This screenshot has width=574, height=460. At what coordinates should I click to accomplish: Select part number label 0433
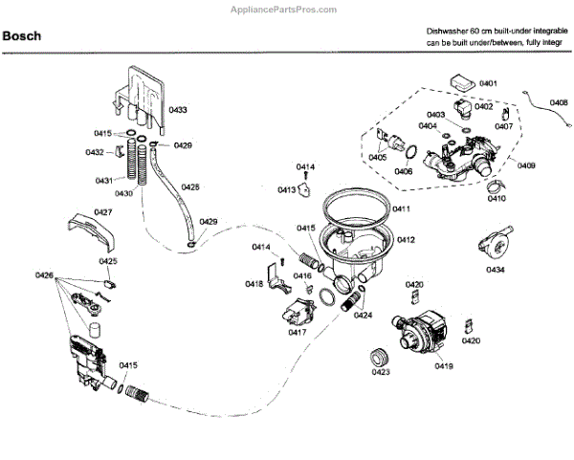click(x=177, y=111)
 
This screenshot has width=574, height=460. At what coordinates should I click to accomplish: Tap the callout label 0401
click(x=488, y=84)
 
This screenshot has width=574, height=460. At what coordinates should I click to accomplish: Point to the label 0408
click(x=558, y=102)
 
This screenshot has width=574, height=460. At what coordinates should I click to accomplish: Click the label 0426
click(x=44, y=275)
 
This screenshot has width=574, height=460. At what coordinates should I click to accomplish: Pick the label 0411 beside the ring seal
click(x=402, y=208)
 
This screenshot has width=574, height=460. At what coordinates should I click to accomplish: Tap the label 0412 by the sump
click(x=406, y=239)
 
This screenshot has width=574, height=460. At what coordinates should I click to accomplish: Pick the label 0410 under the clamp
click(x=497, y=199)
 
